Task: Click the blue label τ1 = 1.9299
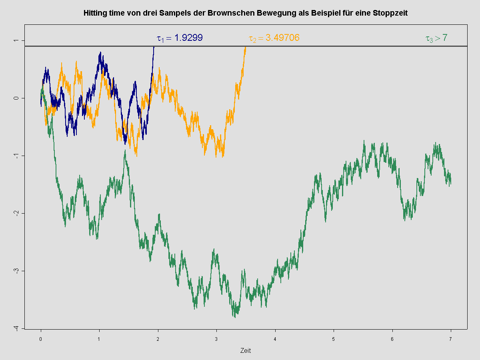click(x=180, y=38)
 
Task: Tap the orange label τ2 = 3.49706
click(x=274, y=38)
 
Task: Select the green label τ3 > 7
click(x=436, y=38)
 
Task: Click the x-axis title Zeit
click(x=246, y=351)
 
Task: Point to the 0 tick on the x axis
click(x=41, y=338)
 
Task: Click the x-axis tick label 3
click(x=216, y=338)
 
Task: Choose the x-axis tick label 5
click(x=334, y=338)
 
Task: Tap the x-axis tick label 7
click(x=451, y=338)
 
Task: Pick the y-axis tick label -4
click(x=16, y=328)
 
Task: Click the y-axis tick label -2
click(x=16, y=213)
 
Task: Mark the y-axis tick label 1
click(x=16, y=40)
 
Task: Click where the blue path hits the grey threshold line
click(x=154, y=46)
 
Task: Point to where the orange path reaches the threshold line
click(x=246, y=46)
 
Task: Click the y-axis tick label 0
click(x=16, y=98)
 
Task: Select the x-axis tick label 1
click(x=99, y=338)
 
